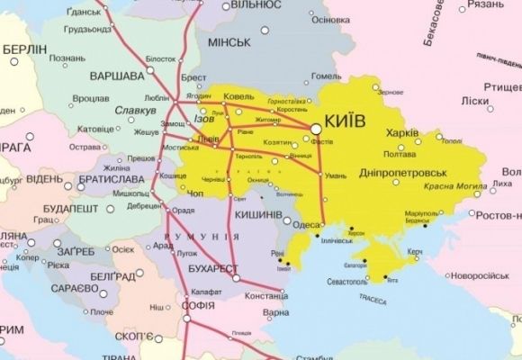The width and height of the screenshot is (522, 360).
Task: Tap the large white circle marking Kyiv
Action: [317, 130]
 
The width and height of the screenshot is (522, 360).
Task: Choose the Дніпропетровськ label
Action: [404, 170]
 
